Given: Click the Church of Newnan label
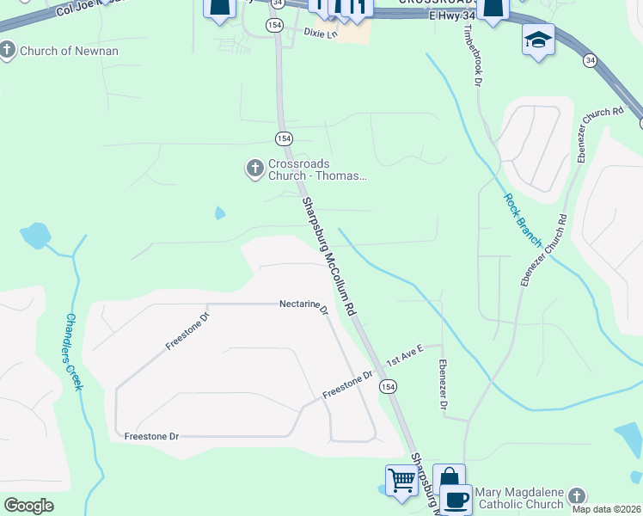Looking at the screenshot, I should (68, 51).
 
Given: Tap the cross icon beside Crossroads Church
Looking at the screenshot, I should (254, 169).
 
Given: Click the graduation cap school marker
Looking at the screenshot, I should (538, 40).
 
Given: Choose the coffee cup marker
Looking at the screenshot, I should (456, 500).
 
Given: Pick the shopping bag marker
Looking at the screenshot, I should (448, 478).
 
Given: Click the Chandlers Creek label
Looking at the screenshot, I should (74, 351).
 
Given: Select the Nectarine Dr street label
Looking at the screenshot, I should (303, 304).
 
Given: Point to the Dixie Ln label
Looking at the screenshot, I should (318, 32).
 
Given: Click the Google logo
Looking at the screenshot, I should (28, 505).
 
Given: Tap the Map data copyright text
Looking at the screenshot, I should (606, 509).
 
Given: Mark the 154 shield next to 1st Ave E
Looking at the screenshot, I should (389, 388).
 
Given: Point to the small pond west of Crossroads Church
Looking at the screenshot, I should (220, 212).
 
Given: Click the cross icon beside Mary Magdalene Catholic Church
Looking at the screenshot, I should (577, 497).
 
